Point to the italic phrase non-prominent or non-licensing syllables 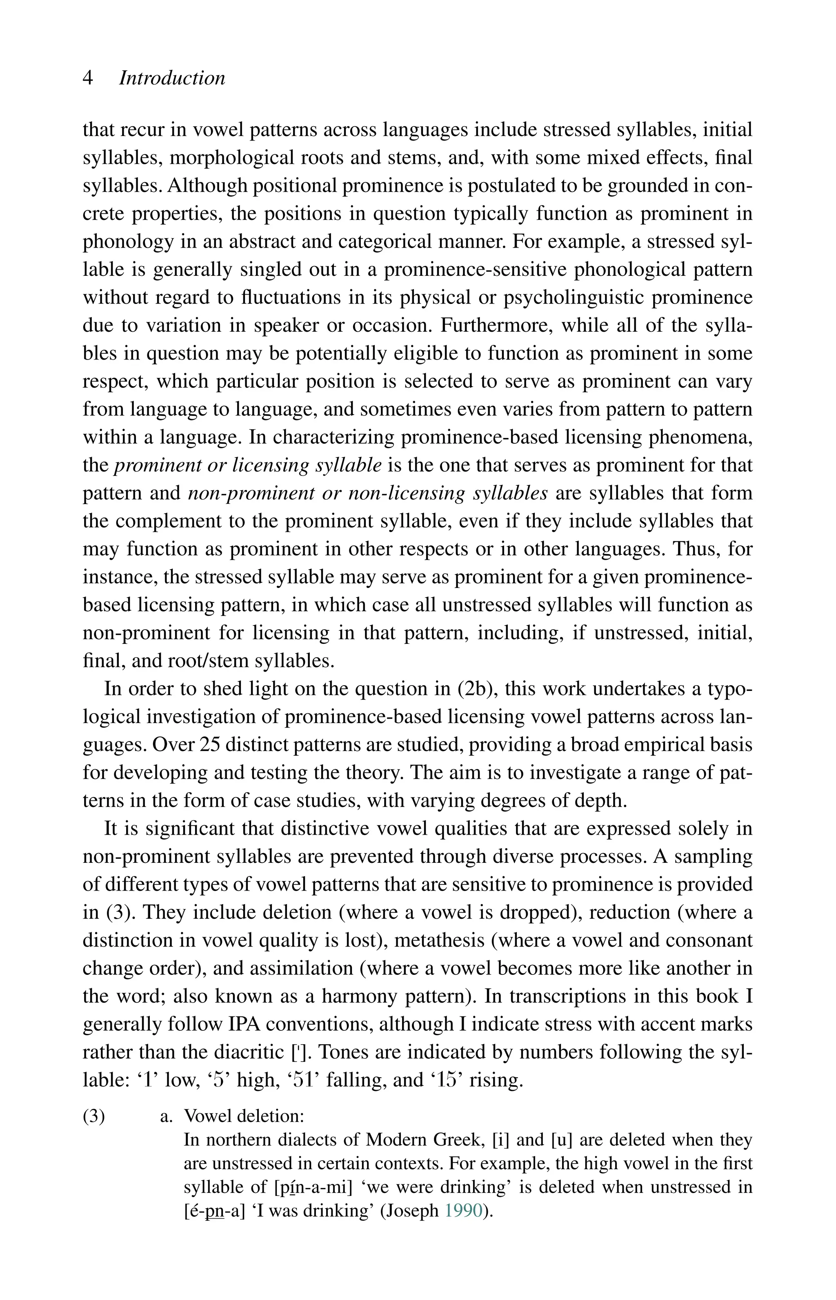tap(367, 493)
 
